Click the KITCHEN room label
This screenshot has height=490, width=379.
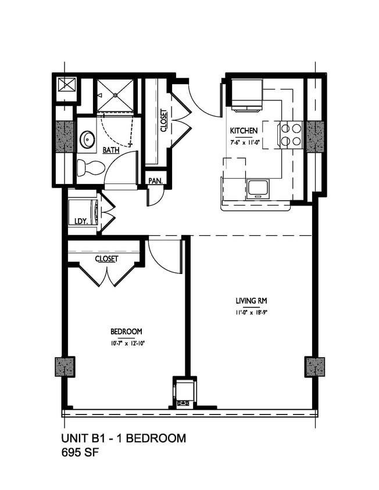244,131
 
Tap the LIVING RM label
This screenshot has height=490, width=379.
251,301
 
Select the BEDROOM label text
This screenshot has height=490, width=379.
127,332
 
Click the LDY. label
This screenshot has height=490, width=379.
81,221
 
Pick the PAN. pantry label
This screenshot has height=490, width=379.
155,181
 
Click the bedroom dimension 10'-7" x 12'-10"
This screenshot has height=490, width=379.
127,343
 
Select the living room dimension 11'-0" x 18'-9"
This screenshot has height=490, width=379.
251,314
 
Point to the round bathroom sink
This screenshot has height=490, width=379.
88,139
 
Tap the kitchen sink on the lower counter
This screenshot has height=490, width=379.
257,189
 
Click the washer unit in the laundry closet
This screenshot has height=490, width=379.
81,210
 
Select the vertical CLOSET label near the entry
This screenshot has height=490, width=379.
163,121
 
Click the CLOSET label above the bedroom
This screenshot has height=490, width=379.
106,259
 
